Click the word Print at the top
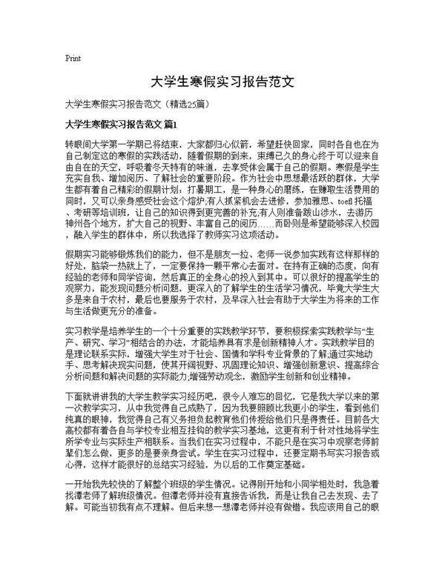(73, 57)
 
